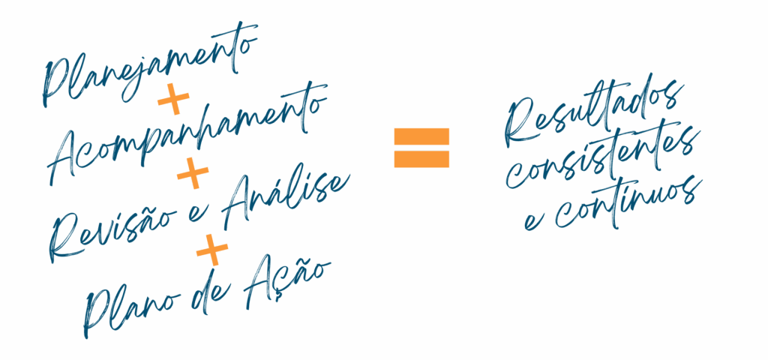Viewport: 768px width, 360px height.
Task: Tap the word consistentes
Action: tap(602, 157)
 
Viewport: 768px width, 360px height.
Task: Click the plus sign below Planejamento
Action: tap(173, 100)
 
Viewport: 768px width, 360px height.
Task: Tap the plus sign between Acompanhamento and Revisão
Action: tap(193, 173)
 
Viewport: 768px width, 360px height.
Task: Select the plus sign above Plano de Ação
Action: tap(212, 250)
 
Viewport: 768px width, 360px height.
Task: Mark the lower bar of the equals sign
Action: tap(421, 159)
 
